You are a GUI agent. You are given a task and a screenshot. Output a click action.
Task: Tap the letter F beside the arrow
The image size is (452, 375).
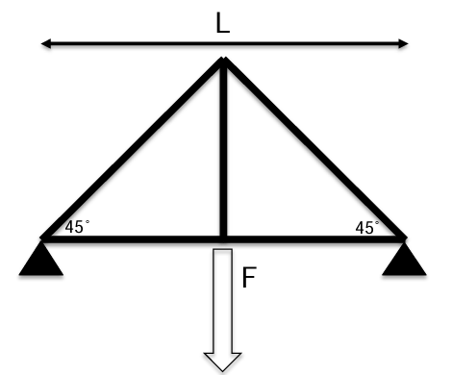249,279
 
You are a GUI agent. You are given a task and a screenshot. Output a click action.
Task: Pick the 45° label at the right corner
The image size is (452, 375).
366,228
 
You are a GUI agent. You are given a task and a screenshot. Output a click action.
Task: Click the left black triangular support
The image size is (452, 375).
41,258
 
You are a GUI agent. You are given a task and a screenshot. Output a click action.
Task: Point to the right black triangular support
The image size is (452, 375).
404,258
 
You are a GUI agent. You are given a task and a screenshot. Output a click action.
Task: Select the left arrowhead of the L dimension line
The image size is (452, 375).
45,43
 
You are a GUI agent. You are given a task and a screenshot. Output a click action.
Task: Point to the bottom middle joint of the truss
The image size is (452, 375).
223,237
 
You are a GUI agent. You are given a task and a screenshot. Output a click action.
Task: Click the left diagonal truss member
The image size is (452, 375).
133,150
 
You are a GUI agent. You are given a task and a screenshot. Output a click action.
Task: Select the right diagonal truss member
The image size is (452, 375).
314,150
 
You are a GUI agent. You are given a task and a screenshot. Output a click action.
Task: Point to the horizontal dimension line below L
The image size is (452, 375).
135,43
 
